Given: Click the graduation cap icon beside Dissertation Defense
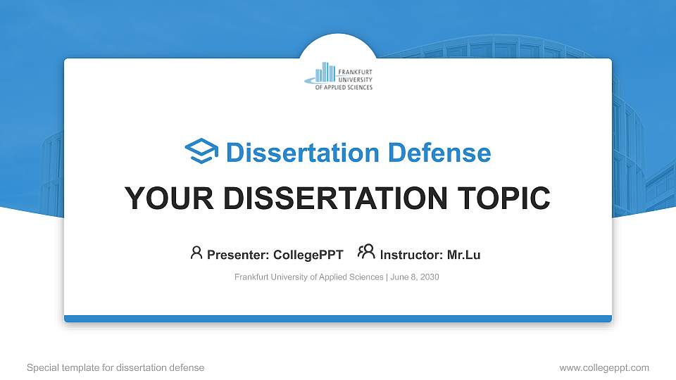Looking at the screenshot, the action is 201,151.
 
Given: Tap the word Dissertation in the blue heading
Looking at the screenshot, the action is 303,153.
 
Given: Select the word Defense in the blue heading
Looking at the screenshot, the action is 439,153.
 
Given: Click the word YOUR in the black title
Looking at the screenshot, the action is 169,198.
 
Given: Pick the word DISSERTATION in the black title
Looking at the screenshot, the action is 335,198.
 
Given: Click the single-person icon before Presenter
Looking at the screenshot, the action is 196,253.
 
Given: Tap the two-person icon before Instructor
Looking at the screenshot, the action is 366,252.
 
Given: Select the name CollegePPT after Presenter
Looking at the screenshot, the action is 308,255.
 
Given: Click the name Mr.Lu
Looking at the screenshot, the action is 463,255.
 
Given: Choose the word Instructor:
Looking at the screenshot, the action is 411,255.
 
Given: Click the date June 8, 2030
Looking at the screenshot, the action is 415,277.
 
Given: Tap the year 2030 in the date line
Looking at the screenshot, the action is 430,277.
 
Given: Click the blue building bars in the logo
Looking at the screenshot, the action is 325,72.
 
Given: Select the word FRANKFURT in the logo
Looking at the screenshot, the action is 355,72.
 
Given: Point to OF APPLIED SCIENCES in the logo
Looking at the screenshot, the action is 344,87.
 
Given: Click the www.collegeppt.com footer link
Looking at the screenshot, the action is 604,368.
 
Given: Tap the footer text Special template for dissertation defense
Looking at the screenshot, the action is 115,368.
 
